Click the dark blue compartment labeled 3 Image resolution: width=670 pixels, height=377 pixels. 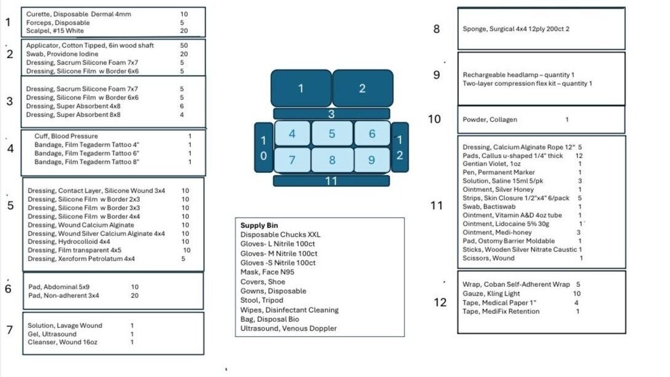[x=331, y=113]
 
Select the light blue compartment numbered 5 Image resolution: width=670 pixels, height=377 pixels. [x=332, y=134]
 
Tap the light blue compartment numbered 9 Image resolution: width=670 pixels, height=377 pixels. [x=372, y=160]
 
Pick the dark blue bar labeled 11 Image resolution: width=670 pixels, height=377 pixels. [x=331, y=181]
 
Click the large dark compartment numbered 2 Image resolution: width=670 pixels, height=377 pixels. [x=362, y=88]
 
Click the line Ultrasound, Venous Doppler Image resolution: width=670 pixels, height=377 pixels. [x=288, y=329]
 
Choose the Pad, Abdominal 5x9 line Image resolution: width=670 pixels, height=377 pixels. [x=58, y=287]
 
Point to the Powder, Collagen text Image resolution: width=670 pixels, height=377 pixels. [x=490, y=120]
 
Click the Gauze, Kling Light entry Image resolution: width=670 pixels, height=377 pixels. [x=491, y=294]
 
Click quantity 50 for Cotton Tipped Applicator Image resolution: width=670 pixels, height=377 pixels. [x=184, y=45]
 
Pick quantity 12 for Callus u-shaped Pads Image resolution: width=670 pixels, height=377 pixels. [x=579, y=156]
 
